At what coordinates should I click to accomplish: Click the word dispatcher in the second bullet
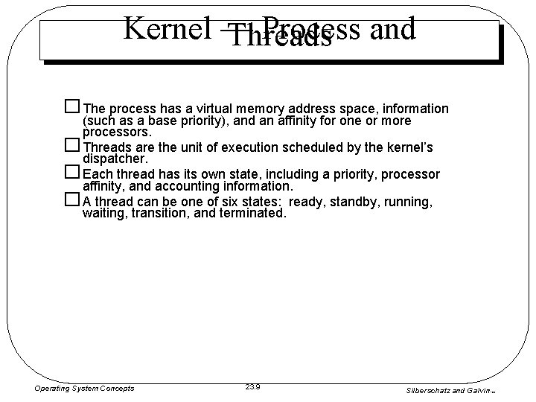click(x=109, y=159)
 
